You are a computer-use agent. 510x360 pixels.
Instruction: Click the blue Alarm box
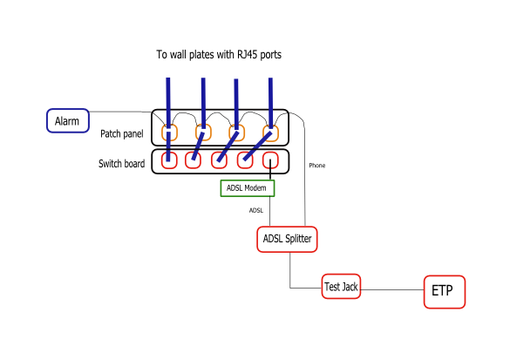click(x=68, y=120)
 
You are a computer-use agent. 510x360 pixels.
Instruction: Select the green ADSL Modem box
click(x=248, y=188)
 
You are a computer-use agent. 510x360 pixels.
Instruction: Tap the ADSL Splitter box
click(x=287, y=239)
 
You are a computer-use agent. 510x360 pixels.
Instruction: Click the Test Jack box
click(x=341, y=287)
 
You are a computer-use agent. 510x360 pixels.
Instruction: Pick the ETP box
click(x=445, y=292)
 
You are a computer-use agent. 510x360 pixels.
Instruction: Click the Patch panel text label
click(x=122, y=133)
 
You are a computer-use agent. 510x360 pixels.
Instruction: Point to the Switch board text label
click(x=122, y=163)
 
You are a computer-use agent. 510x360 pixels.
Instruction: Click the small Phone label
click(x=317, y=166)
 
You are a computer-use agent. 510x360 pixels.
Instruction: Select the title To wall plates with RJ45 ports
click(x=219, y=54)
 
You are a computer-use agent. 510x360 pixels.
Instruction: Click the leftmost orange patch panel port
click(x=169, y=132)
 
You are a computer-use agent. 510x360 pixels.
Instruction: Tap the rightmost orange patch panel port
click(x=270, y=132)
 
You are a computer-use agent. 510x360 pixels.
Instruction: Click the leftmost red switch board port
click(x=169, y=160)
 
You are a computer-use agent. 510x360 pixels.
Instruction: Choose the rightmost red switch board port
click(x=270, y=160)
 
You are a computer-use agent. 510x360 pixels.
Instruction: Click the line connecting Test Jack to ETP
click(x=392, y=289)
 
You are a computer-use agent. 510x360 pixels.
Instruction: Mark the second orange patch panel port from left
click(x=204, y=132)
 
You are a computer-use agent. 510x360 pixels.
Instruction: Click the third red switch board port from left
click(x=219, y=160)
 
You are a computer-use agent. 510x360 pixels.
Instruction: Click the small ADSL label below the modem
click(x=256, y=210)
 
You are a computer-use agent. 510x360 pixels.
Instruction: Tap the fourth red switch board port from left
click(x=245, y=160)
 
